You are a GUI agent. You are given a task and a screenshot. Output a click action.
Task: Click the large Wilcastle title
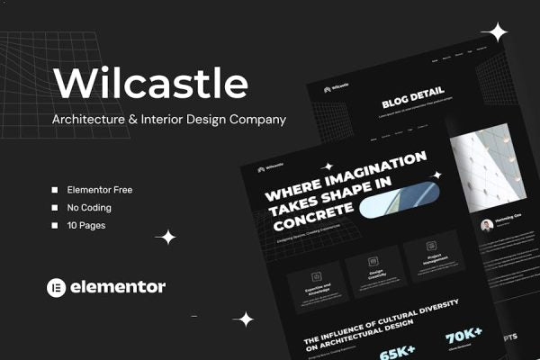(150, 83)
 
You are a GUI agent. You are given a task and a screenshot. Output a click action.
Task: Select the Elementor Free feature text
(100, 190)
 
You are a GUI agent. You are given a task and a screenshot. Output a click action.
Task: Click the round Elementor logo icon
(57, 287)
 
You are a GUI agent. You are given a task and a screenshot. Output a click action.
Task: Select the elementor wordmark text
(118, 287)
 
